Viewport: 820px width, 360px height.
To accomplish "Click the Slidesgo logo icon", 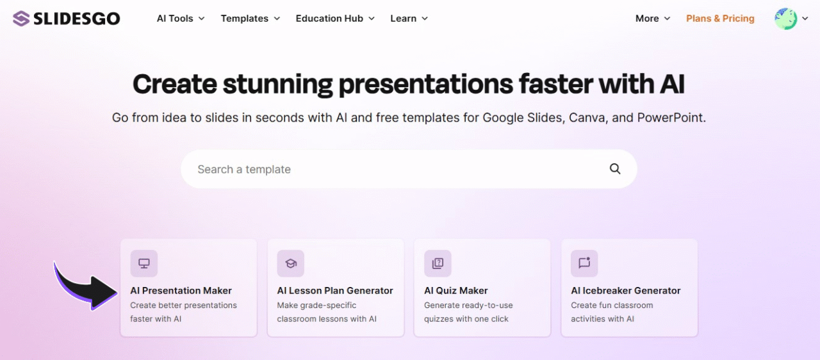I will (x=21, y=19).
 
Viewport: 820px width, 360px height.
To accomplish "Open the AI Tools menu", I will (x=180, y=19).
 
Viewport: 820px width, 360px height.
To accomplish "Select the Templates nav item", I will (x=250, y=19).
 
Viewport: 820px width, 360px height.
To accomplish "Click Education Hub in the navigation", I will (x=334, y=19).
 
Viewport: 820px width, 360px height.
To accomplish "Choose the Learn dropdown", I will (x=409, y=19).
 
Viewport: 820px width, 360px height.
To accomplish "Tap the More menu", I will (x=652, y=19).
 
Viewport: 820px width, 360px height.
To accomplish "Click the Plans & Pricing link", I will (x=720, y=19).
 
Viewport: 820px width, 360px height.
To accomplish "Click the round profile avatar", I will (x=785, y=19).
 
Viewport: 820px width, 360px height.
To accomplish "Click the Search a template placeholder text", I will (x=244, y=169).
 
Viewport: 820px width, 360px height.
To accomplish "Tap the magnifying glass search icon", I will (x=615, y=169).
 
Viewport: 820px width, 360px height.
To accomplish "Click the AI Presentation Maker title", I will (x=181, y=290).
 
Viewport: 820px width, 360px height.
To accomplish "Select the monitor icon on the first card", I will (x=144, y=263).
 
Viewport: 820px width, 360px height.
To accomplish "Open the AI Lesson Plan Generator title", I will (x=335, y=290).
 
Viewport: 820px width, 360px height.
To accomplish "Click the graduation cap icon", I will (x=291, y=263).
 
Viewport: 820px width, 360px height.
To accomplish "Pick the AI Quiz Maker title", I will (x=455, y=290).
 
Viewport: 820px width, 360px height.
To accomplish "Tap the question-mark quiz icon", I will (x=438, y=263).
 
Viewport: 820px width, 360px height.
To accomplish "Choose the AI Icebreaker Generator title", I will (x=626, y=290).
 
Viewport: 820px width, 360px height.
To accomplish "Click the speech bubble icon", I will (x=584, y=263).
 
